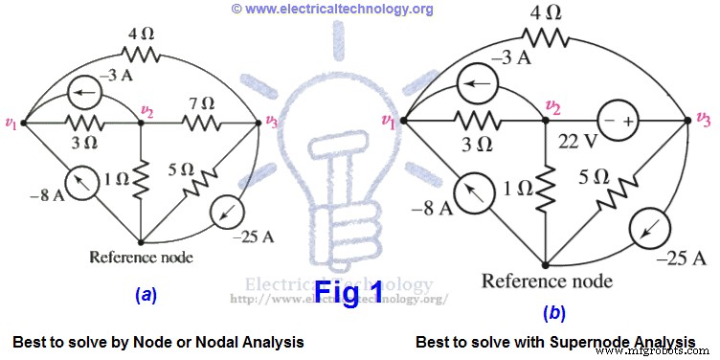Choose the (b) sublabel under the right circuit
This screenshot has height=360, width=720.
554,312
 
